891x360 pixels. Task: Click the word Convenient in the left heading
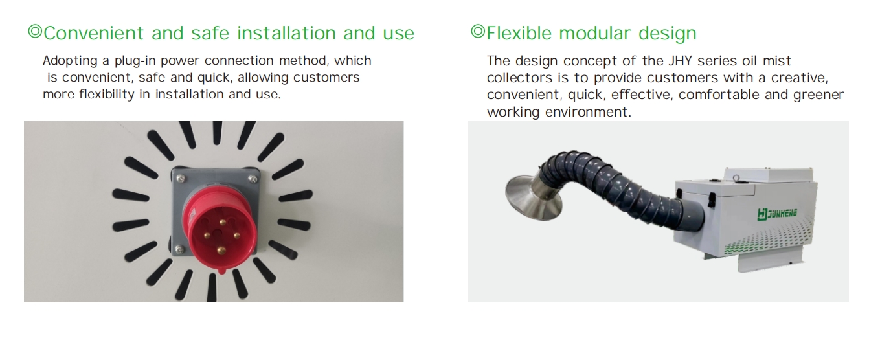(x=93, y=33)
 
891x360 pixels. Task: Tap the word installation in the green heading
(x=286, y=33)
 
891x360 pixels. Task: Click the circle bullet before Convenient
(x=35, y=32)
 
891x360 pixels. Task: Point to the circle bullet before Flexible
(x=478, y=31)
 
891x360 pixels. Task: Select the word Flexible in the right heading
(x=519, y=33)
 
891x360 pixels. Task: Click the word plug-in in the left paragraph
(x=135, y=62)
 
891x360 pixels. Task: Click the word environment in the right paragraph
(x=588, y=112)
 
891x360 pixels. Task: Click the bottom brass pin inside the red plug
(x=221, y=250)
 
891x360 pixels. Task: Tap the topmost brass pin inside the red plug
(x=223, y=222)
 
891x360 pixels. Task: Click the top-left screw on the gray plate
(x=181, y=179)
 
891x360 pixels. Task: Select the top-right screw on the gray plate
(x=253, y=179)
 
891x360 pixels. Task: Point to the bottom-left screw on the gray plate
(x=180, y=250)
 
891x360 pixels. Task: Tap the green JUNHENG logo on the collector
(x=777, y=214)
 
